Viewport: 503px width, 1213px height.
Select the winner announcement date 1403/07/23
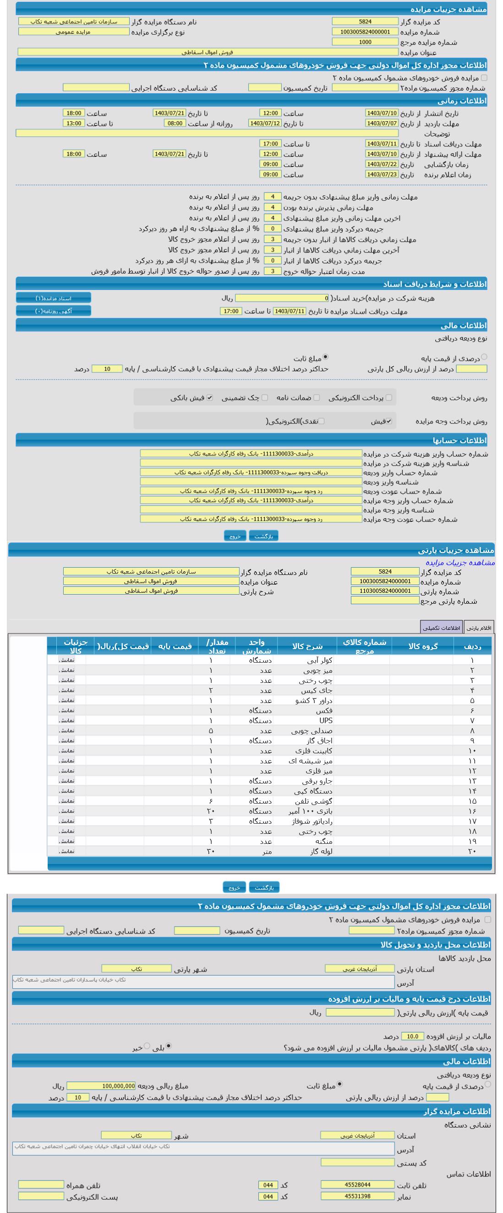pyautogui.click(x=382, y=175)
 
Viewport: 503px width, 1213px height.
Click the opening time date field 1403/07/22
pyautogui.click(x=382, y=164)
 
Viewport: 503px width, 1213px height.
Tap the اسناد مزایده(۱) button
pyautogui.click(x=53, y=299)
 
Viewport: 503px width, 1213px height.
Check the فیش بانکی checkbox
pyautogui.click(x=210, y=398)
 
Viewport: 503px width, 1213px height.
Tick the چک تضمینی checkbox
pyautogui.click(x=265, y=398)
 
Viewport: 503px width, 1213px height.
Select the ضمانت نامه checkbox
pyautogui.click(x=317, y=398)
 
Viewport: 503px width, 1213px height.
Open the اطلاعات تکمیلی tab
pyautogui.click(x=441, y=628)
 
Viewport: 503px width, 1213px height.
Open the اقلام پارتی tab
pyautogui.click(x=479, y=628)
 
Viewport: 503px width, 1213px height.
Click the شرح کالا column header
pyautogui.click(x=307, y=646)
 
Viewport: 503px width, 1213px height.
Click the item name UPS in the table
pyautogui.click(x=326, y=721)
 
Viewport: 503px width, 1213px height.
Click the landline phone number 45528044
pyautogui.click(x=357, y=1185)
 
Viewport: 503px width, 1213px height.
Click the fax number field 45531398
pyautogui.click(x=357, y=1196)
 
